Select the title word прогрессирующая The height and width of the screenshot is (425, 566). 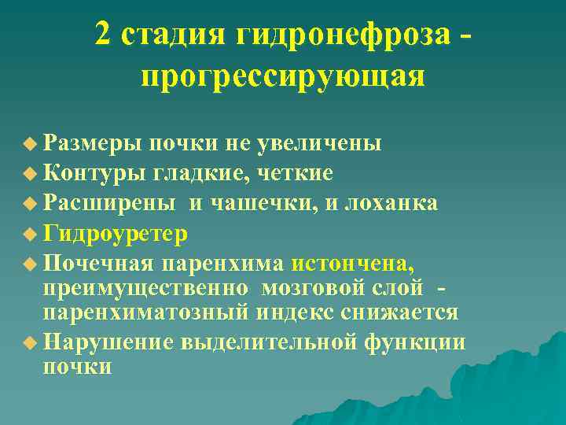click(x=283, y=77)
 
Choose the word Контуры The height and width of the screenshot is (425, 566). click(x=89, y=172)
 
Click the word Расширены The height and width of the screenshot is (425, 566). click(x=109, y=202)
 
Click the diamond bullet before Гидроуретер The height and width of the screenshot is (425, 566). click(x=30, y=234)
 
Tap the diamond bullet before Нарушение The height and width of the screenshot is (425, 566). click(x=30, y=342)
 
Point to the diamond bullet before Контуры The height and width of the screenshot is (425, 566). click(x=30, y=173)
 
